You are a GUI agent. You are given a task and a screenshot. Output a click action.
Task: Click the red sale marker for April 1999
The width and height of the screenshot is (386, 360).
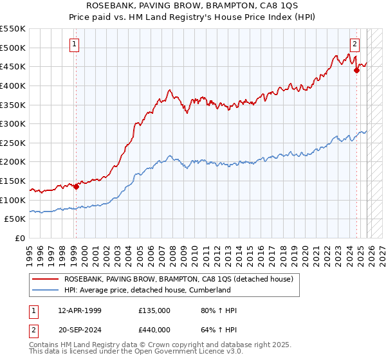click(x=76, y=187)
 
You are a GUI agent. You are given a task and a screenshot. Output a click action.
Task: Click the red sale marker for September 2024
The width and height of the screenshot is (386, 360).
click(x=356, y=71)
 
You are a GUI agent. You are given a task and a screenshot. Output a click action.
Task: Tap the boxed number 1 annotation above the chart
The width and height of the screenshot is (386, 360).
click(x=75, y=44)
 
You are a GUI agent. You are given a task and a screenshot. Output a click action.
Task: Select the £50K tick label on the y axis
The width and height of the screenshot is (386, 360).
click(x=15, y=219)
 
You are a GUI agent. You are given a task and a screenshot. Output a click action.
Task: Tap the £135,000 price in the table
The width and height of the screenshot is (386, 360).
click(x=154, y=311)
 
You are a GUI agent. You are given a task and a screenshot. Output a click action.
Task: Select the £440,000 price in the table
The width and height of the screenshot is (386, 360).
click(x=154, y=329)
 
